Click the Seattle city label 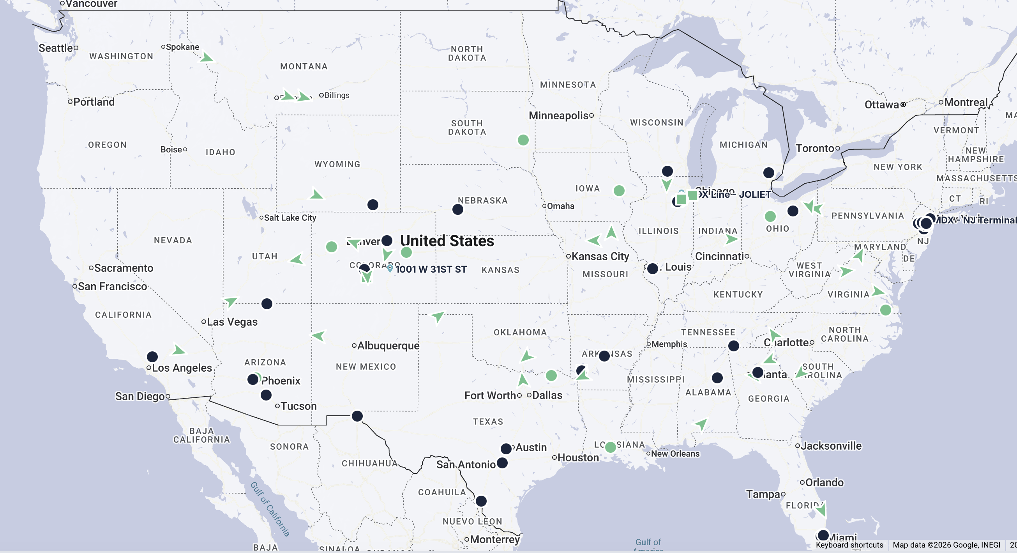pyautogui.click(x=56, y=48)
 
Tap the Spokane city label pyautogui.click(x=182, y=47)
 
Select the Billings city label pyautogui.click(x=337, y=95)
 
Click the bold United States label pyautogui.click(x=447, y=241)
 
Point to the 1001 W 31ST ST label pyautogui.click(x=431, y=269)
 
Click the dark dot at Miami pyautogui.click(x=823, y=535)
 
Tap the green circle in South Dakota pyautogui.click(x=523, y=140)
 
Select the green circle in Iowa pyautogui.click(x=619, y=191)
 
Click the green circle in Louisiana pyautogui.click(x=610, y=447)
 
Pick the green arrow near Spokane pyautogui.click(x=206, y=58)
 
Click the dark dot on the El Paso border pyautogui.click(x=357, y=416)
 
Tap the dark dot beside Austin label pyautogui.click(x=506, y=448)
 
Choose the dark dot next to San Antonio pyautogui.click(x=502, y=463)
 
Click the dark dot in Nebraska pyautogui.click(x=457, y=209)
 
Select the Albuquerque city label pyautogui.click(x=388, y=346)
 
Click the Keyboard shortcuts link pyautogui.click(x=849, y=545)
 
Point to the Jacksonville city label pyautogui.click(x=831, y=446)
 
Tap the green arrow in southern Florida pyautogui.click(x=821, y=511)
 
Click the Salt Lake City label pyautogui.click(x=290, y=218)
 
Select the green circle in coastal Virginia pyautogui.click(x=886, y=310)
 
